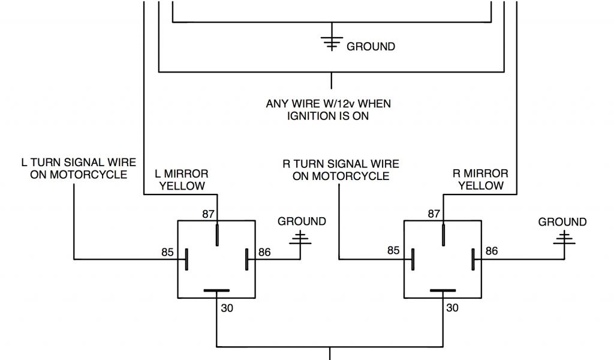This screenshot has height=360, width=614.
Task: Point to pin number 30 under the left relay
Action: tap(227, 308)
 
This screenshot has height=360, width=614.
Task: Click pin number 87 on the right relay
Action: tap(434, 213)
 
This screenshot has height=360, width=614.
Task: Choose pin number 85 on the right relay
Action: tap(393, 251)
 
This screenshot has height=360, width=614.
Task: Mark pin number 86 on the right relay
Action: tap(491, 251)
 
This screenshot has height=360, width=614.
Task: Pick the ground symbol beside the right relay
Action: tap(564, 240)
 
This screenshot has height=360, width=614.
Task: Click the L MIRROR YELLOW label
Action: tap(181, 180)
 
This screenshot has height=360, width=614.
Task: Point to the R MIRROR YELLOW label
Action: tap(481, 180)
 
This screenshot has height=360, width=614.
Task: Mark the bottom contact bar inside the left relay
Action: tap(216, 291)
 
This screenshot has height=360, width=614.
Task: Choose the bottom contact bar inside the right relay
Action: tap(442, 291)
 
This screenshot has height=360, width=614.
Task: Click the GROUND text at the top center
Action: tap(371, 46)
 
